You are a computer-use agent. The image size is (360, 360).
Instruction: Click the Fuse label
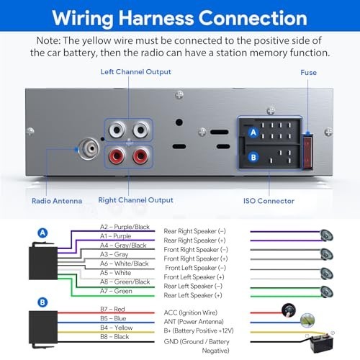click(x=308, y=73)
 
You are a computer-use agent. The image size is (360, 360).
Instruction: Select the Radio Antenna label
click(x=57, y=201)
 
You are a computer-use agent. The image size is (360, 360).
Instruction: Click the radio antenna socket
click(x=89, y=149)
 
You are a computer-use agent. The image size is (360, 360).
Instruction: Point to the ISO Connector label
click(x=269, y=201)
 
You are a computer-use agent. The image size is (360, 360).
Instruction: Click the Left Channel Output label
click(x=135, y=72)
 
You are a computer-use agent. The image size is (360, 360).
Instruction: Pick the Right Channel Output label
click(x=135, y=200)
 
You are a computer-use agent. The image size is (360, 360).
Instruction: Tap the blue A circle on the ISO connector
click(x=253, y=132)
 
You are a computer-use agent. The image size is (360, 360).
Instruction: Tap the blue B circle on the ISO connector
click(x=253, y=158)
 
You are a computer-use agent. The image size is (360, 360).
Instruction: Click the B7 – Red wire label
click(x=112, y=309)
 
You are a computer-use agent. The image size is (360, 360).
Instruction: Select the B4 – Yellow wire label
click(x=117, y=328)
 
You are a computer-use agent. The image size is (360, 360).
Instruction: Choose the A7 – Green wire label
click(x=116, y=291)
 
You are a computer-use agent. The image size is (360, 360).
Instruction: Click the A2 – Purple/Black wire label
click(x=125, y=227)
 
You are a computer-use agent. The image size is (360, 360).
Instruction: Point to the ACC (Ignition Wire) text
click(x=191, y=312)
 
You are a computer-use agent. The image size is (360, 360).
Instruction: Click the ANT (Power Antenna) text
click(x=194, y=322)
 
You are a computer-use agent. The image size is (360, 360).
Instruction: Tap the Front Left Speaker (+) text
click(x=194, y=277)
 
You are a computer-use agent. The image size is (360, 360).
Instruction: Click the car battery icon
click(x=321, y=343)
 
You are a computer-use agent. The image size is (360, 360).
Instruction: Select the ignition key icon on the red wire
click(x=289, y=310)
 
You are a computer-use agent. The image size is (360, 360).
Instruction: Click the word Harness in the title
click(x=156, y=18)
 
